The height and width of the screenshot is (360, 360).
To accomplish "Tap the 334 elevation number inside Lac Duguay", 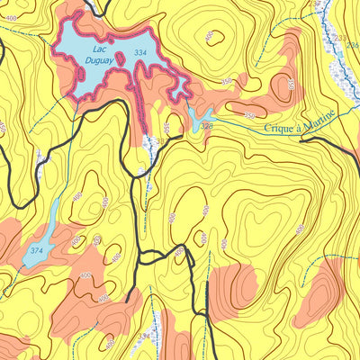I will [139, 54].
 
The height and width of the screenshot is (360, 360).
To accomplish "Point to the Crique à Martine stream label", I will [301, 122].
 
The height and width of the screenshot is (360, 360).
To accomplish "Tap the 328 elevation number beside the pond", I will [207, 128].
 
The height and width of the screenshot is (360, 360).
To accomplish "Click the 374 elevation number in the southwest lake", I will [36, 249].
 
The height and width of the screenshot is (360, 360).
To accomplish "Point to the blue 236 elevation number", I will [353, 44].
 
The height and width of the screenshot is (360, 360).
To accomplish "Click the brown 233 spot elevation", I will [341, 38].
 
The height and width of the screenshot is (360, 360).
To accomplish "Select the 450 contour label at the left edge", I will [3, 128].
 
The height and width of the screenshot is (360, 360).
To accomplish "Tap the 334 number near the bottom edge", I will [143, 336].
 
